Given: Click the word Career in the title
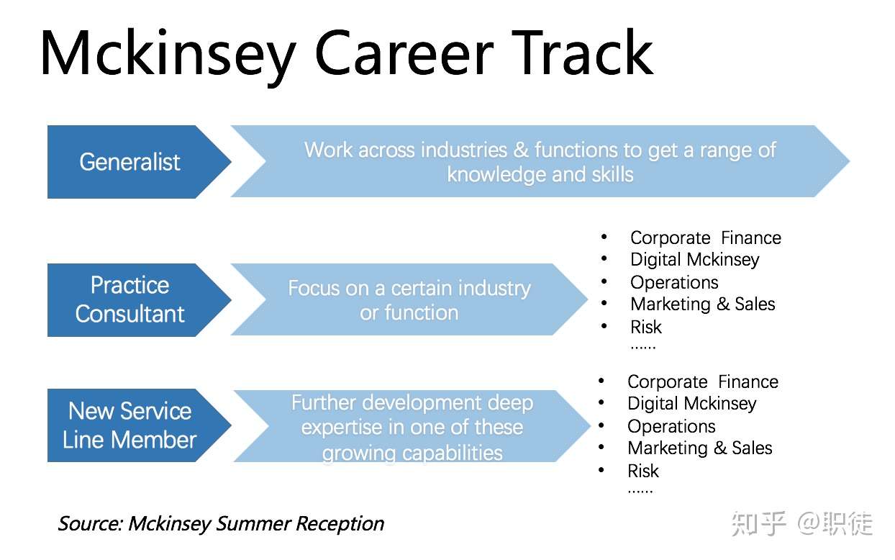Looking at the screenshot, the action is pos(404,53).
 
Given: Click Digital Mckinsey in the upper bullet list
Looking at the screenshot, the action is pos(695,260).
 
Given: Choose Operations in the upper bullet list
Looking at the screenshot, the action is pos(674,283).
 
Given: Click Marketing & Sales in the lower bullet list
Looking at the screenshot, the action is pos(700,448).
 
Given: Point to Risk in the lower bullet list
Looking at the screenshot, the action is pos(643,471).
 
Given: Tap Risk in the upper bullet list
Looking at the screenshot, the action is pos(645,327).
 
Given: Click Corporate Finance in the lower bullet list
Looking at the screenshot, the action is pos(703,382).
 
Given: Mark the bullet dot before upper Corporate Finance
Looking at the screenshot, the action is pos(604,237).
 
